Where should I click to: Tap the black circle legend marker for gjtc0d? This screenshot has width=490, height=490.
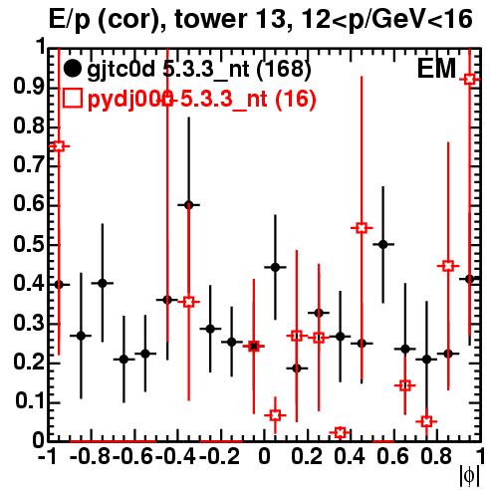[72, 69]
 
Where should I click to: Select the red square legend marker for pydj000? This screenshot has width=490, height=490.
[72, 99]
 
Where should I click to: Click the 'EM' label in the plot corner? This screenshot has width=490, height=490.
[436, 69]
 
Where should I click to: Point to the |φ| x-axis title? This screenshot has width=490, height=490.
[469, 476]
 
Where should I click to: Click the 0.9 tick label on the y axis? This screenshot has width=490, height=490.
[29, 87]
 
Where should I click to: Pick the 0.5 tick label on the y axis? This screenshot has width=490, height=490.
[29, 244]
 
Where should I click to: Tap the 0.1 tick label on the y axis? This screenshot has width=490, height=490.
[29, 401]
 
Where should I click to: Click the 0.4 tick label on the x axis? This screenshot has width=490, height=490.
[350, 456]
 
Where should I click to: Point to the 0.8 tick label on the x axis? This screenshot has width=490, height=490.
[436, 456]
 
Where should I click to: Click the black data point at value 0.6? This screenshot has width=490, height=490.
[188, 205]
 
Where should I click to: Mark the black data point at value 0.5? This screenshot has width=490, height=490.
[383, 245]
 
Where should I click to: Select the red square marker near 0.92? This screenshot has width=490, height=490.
[469, 80]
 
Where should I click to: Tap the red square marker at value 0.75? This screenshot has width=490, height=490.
[59, 146]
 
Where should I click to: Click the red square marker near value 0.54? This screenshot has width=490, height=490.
[362, 228]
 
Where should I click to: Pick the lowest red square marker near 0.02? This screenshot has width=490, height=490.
[340, 432]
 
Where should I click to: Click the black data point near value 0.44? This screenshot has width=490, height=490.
[275, 267]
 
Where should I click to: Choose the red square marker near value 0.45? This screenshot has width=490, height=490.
[448, 266]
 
